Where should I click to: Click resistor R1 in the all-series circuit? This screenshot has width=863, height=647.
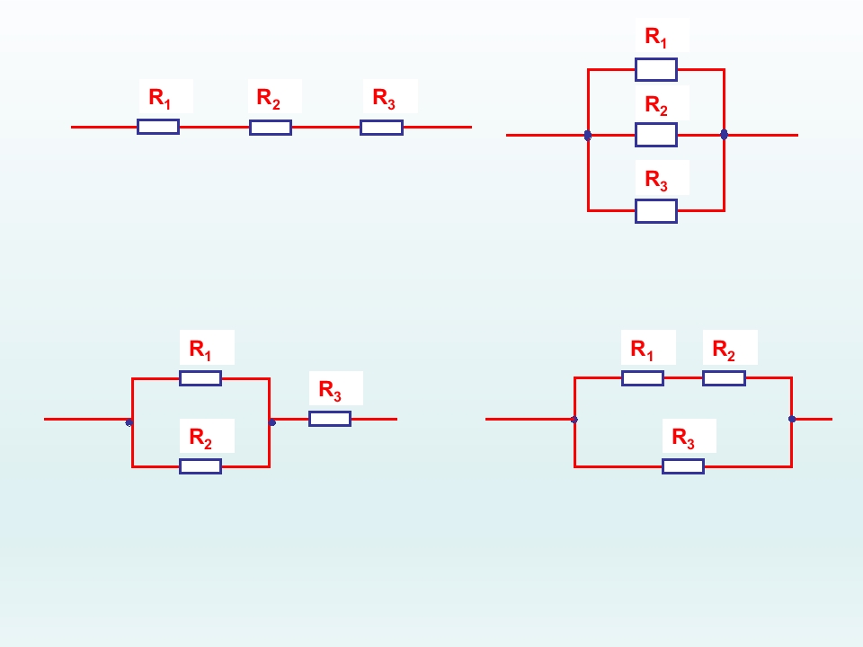pyautogui.click(x=158, y=127)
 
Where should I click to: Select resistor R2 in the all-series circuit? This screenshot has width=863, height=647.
pyautogui.click(x=270, y=128)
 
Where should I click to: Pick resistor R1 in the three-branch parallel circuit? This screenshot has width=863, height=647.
pyautogui.click(x=655, y=69)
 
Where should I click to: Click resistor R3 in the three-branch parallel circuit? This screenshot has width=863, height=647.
pyautogui.click(x=655, y=211)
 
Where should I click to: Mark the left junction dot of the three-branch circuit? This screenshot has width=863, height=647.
pyautogui.click(x=588, y=136)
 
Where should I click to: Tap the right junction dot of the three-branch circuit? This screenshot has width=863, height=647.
pyautogui.click(x=724, y=135)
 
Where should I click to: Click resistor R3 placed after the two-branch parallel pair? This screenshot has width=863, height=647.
pyautogui.click(x=330, y=419)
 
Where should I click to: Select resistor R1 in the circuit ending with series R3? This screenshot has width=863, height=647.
pyautogui.click(x=200, y=378)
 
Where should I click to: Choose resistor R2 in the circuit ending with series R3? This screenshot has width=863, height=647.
pyautogui.click(x=200, y=466)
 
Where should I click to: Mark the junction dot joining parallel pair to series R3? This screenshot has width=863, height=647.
pyautogui.click(x=271, y=421)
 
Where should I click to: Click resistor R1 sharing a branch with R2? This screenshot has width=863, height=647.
pyautogui.click(x=643, y=378)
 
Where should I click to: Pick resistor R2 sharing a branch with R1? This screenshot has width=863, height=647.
pyautogui.click(x=724, y=378)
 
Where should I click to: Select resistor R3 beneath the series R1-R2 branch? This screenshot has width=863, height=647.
pyautogui.click(x=683, y=466)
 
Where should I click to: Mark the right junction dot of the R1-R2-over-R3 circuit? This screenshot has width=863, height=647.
pyautogui.click(x=792, y=419)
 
